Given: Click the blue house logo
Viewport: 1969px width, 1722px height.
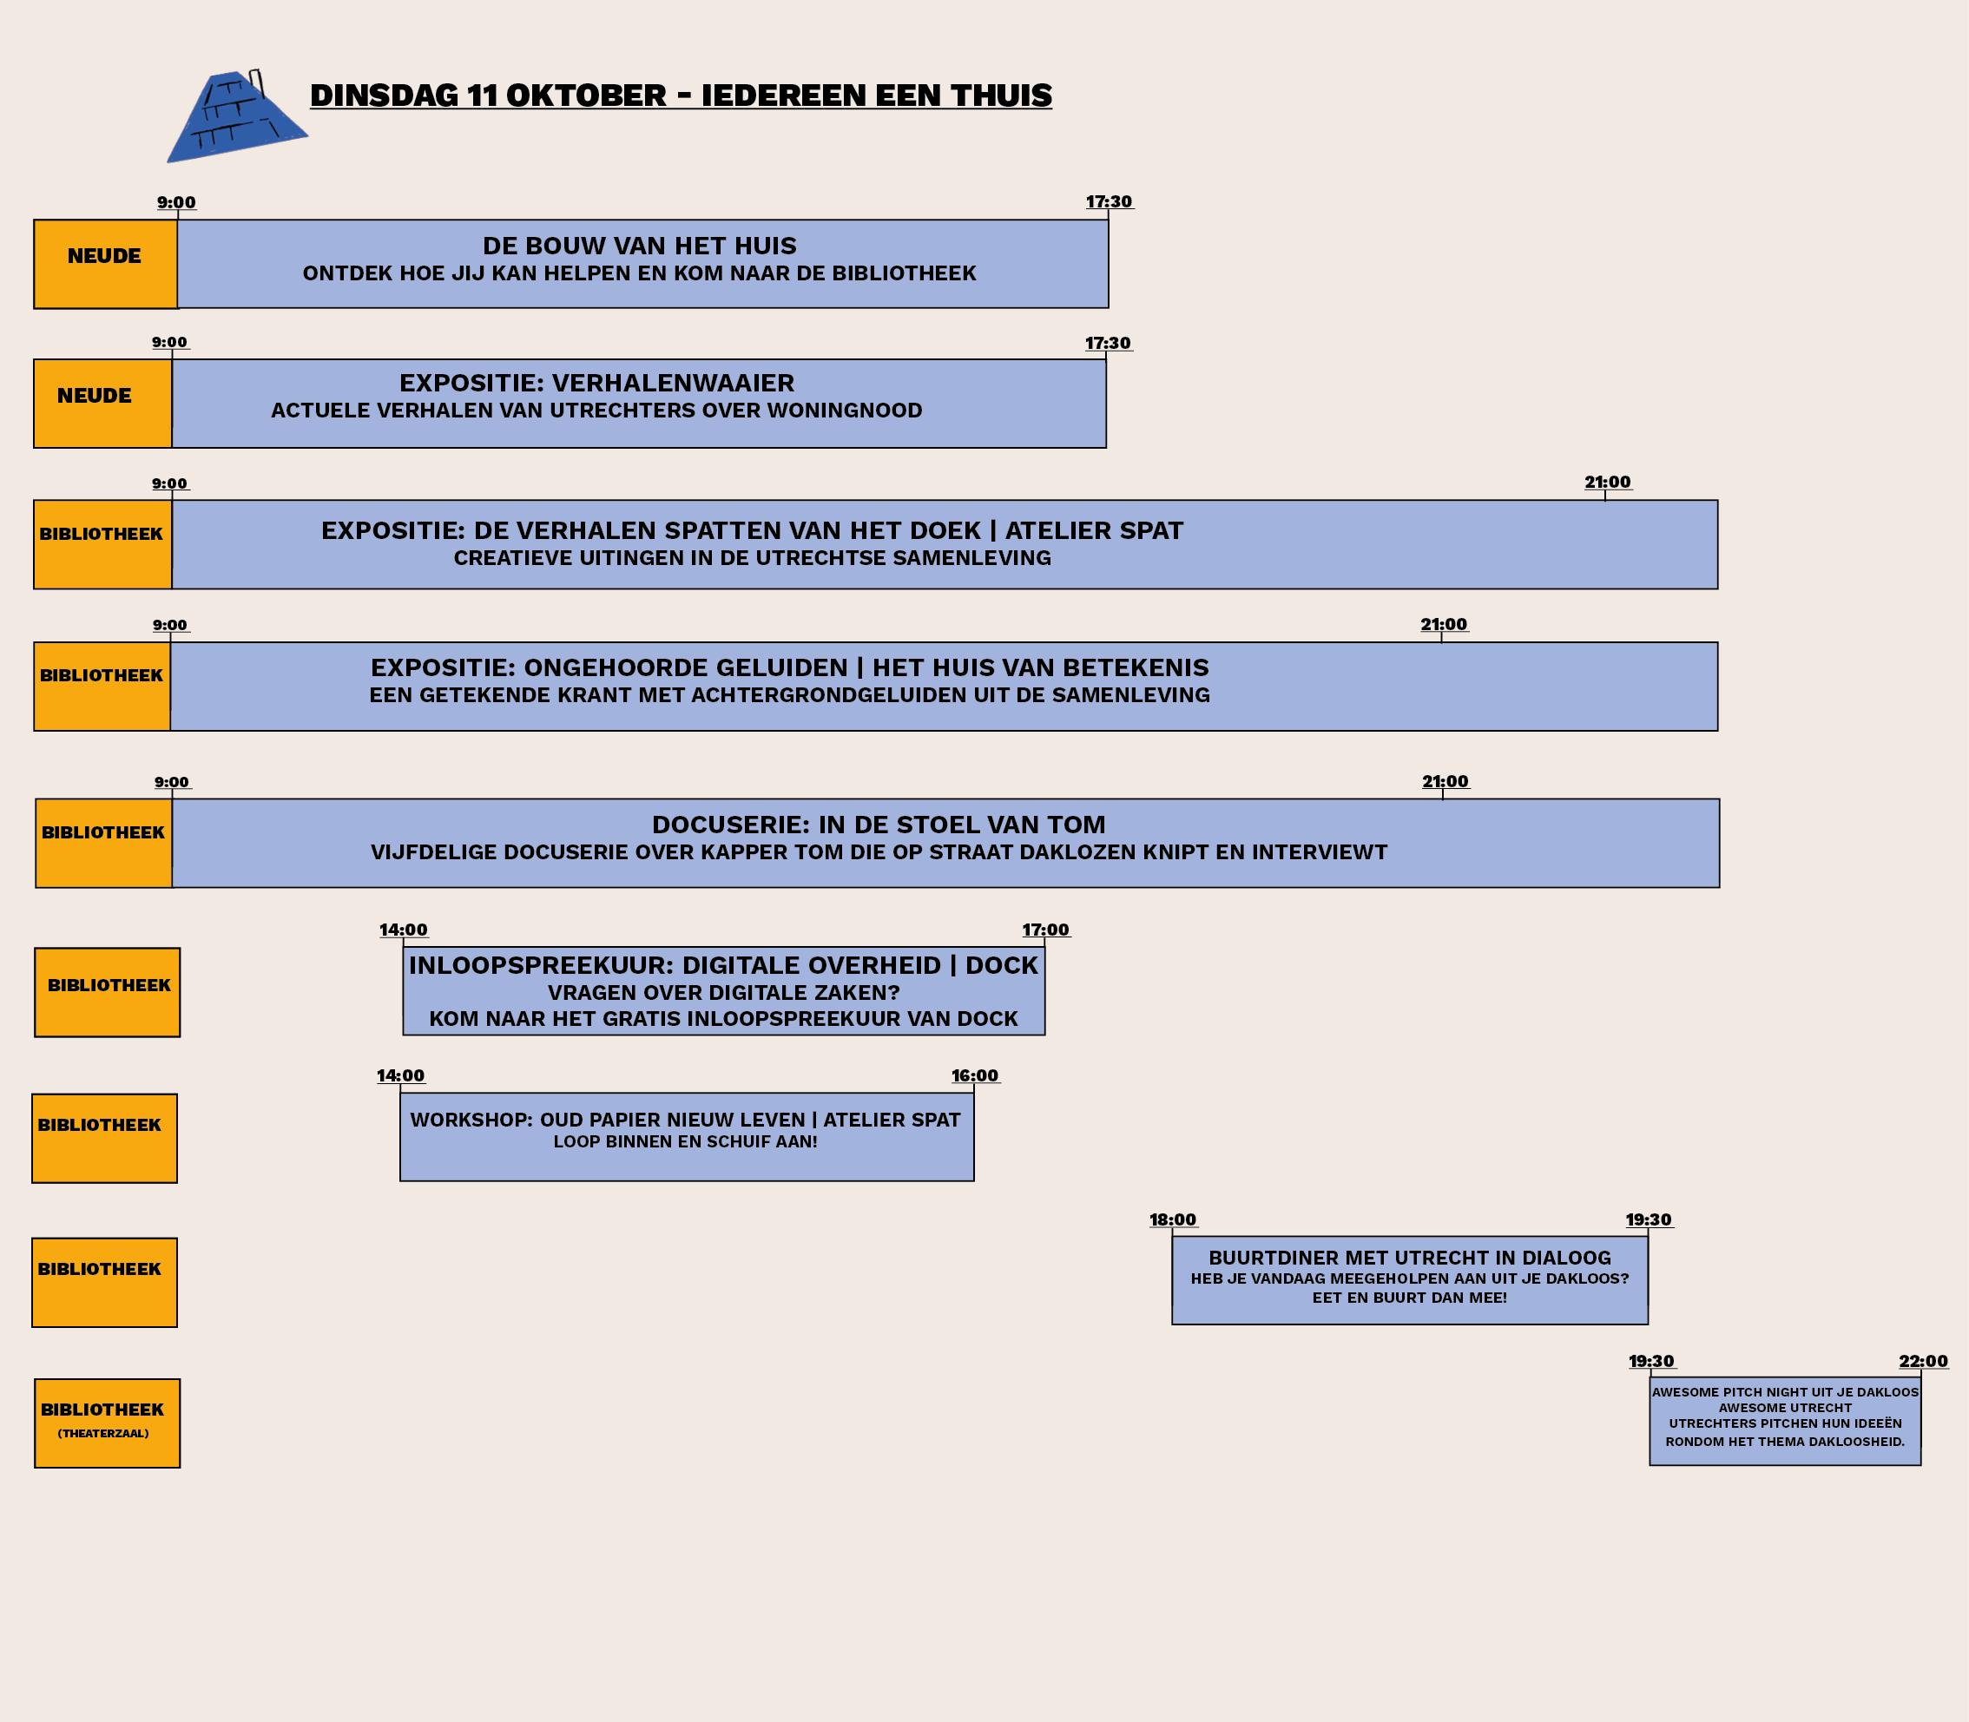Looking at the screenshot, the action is point(236,116).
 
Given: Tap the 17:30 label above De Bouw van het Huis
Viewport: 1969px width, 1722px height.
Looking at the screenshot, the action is point(1109,201).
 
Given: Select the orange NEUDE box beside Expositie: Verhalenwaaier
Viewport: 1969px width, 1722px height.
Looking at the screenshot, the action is point(102,404).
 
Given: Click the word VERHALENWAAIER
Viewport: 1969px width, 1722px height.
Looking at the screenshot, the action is point(673,384).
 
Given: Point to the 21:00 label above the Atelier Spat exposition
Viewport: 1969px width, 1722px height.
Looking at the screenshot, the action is point(1608,483).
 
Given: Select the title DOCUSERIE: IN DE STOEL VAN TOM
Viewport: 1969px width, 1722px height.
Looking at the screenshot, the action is point(879,825).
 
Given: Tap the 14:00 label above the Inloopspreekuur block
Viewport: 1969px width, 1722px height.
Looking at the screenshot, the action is point(404,930).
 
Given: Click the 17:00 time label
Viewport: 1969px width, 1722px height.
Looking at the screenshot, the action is point(1045,930).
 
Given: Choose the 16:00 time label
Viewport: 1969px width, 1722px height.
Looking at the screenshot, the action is point(975,1076).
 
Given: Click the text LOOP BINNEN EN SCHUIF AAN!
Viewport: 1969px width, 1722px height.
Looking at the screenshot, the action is point(685,1141).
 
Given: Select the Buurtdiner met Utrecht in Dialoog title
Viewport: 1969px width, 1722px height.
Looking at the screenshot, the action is point(1410,1258).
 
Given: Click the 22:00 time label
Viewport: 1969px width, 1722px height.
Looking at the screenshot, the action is point(1923,1362).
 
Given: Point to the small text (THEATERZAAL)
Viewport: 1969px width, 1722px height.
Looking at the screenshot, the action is point(102,1434).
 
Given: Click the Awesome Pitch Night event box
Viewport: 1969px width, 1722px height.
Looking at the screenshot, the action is point(1784,1421).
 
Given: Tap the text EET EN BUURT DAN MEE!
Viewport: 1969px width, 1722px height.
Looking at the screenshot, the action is point(1410,1298).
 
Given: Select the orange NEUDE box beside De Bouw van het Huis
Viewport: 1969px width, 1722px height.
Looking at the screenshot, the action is point(106,264).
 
